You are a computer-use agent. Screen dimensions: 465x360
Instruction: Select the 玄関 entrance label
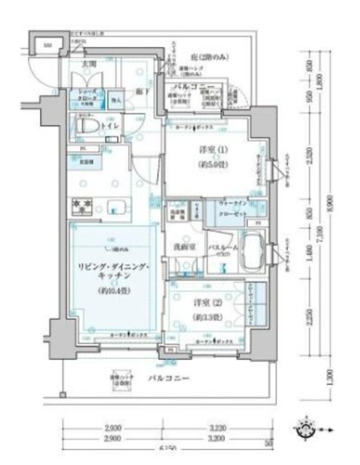click(90, 64)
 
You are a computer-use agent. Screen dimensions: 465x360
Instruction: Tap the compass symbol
click(307, 429)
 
